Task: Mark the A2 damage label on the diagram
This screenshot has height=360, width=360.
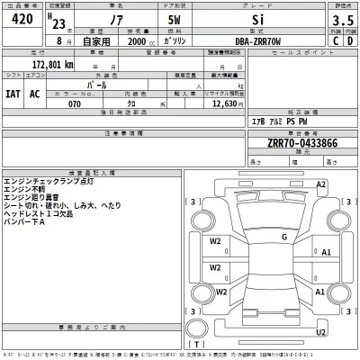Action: [x=320, y=184]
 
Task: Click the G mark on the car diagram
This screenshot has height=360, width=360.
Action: [x=283, y=237]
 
